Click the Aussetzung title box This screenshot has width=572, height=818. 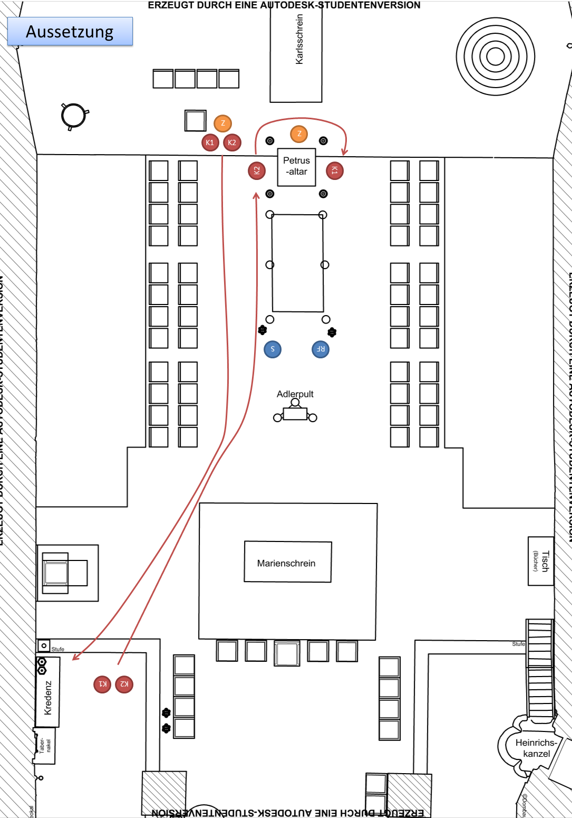pos(70,32)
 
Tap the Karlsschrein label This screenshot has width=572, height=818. pos(299,40)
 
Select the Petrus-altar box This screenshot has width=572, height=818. pos(296,167)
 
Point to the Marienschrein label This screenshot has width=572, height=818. pos(286,563)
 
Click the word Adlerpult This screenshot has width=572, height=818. pos(295,394)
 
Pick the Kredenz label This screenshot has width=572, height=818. pos(48,697)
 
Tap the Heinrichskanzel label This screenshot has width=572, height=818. pos(536,748)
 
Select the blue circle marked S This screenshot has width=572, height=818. pos(273,349)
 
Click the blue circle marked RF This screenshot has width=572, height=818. pos(321,349)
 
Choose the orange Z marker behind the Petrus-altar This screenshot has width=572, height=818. pos(299,134)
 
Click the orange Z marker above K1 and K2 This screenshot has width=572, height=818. pos(222,123)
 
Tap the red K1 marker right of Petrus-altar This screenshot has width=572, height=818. pos(334,170)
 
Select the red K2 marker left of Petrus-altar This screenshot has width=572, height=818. pos(257,170)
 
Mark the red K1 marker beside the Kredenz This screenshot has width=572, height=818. pos(102,684)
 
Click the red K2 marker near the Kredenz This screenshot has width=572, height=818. pos(124,684)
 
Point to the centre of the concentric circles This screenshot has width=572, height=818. pos(495,56)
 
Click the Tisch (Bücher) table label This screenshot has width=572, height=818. pos(541,561)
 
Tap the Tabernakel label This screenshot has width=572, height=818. pos(45,746)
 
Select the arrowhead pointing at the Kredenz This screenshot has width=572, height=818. pos(74,658)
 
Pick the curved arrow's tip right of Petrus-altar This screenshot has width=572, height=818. pos(344,154)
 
